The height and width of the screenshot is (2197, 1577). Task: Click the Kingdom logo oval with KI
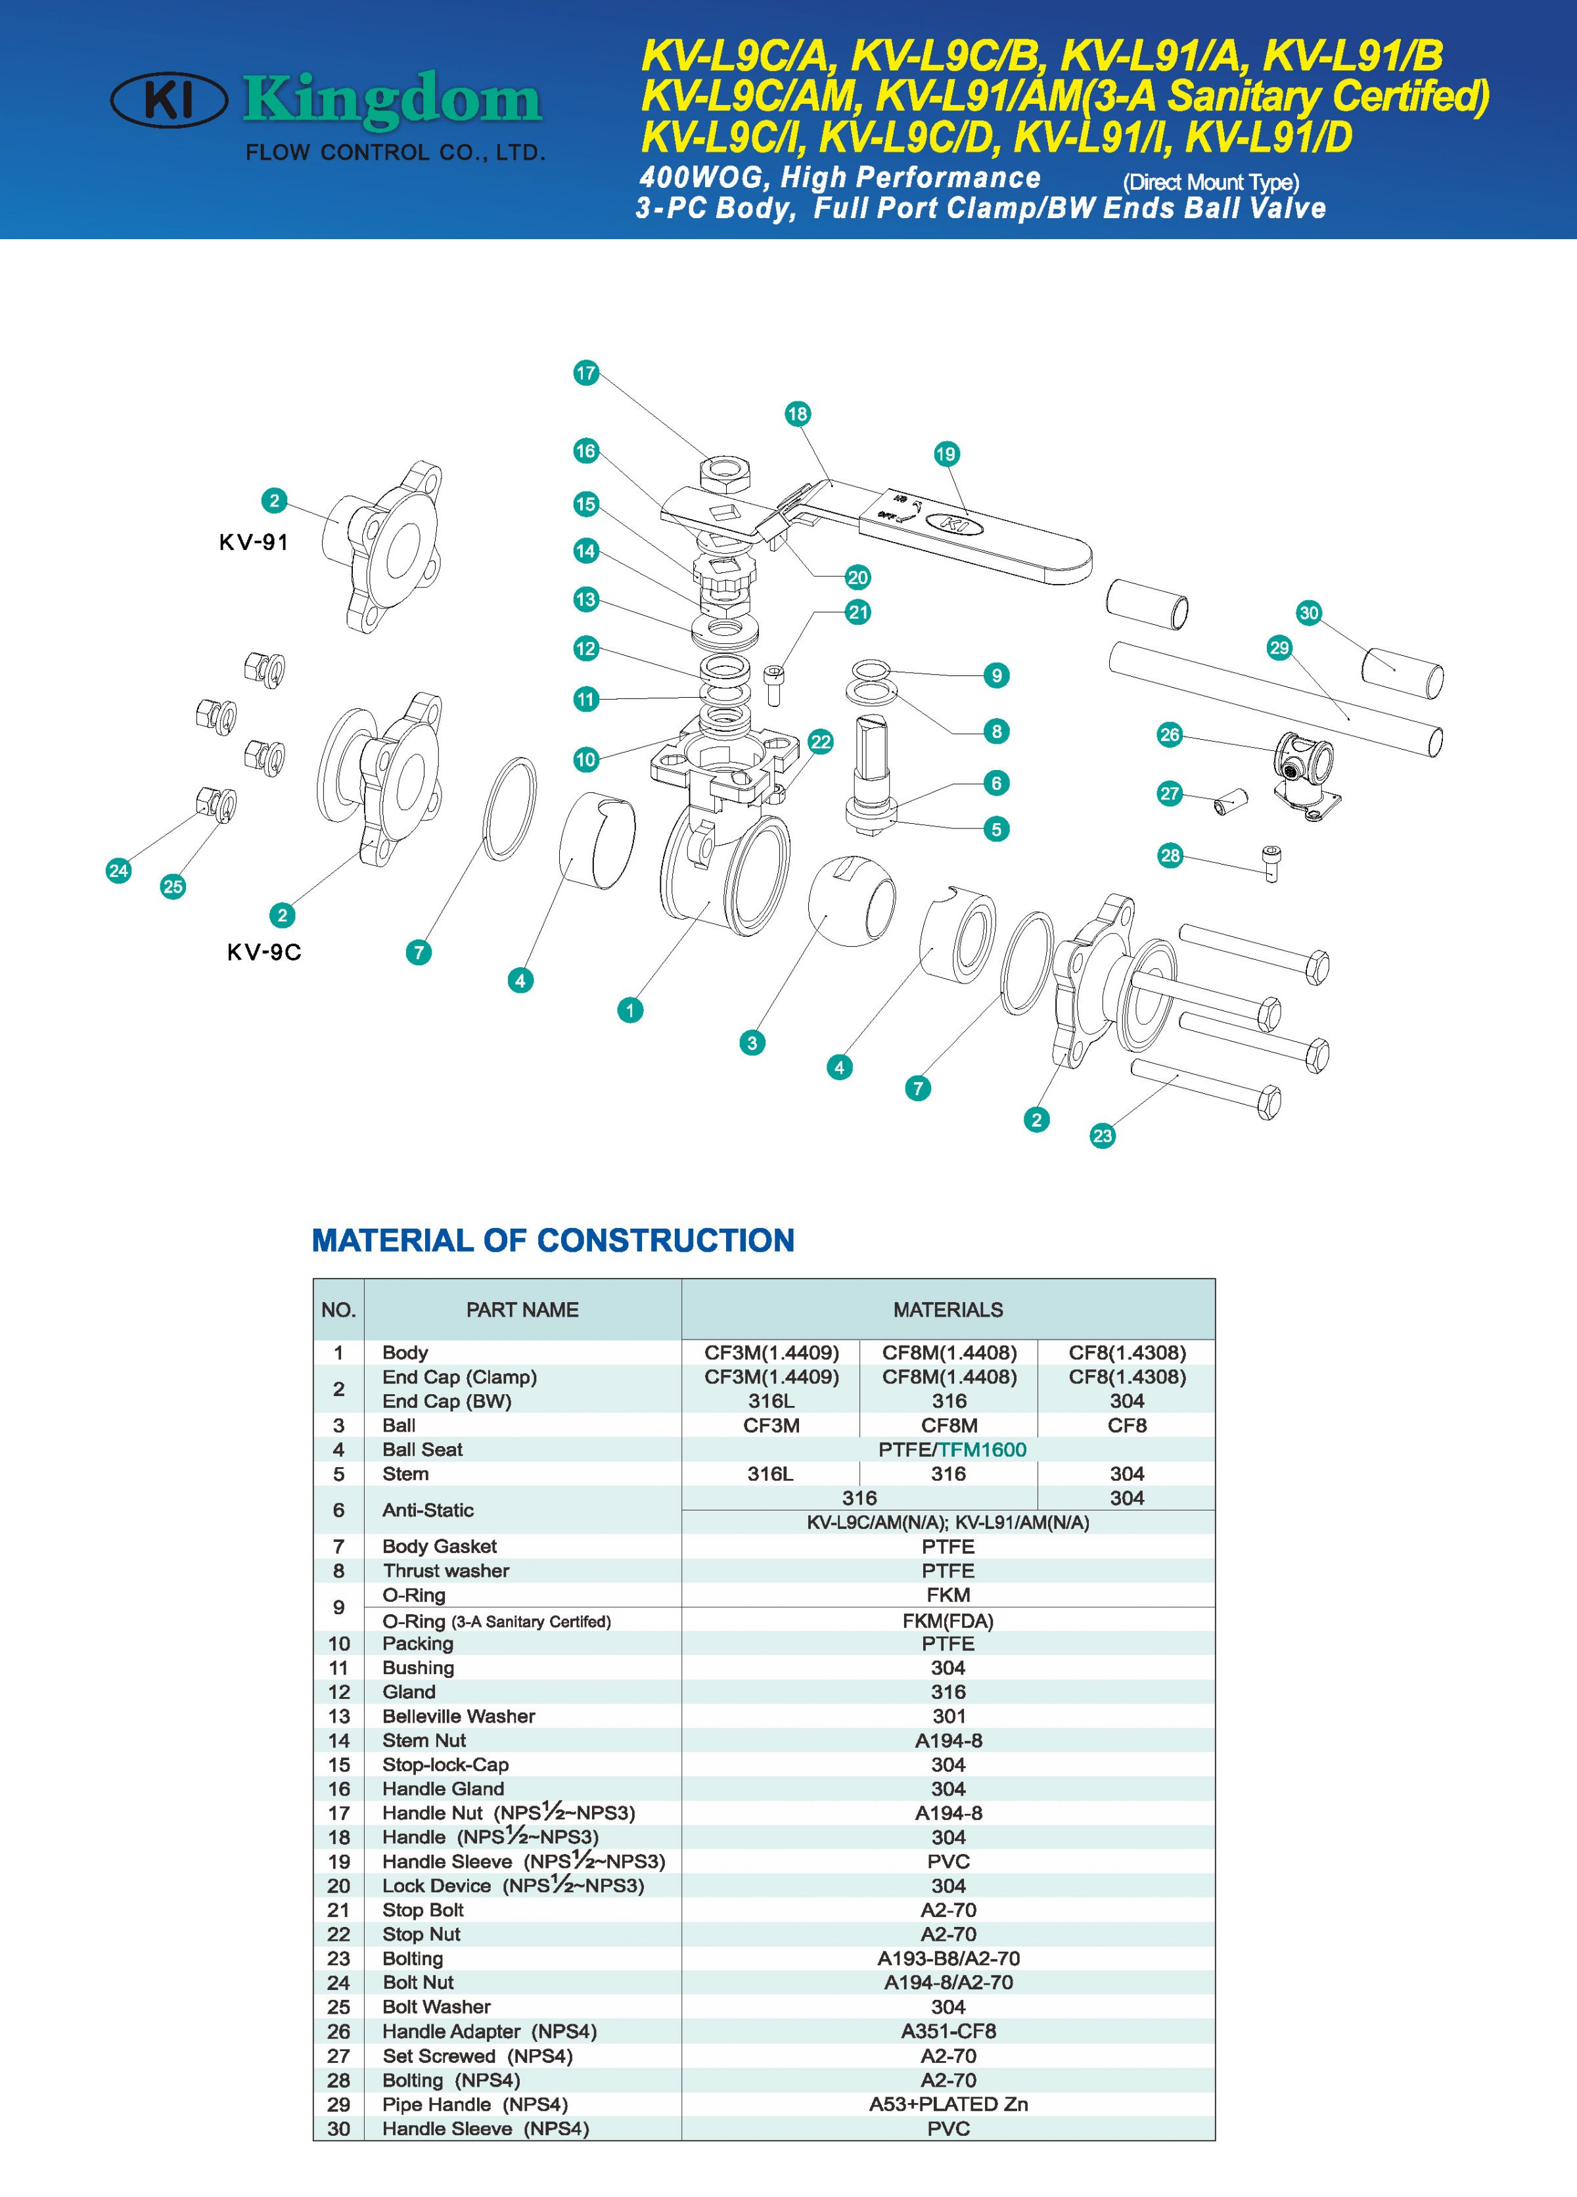170,100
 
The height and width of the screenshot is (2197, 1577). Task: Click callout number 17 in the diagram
586,373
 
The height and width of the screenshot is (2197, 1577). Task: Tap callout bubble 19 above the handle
946,455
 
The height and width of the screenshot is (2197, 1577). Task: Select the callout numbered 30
1309,612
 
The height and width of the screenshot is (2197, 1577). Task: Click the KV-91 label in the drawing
254,543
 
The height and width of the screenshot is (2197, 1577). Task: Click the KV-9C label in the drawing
263,952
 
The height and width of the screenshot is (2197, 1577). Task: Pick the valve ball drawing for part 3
852,898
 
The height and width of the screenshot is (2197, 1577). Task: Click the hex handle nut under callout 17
727,474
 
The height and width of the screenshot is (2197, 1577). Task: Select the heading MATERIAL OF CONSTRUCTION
553,1241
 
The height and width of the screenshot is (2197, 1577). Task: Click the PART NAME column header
522,1309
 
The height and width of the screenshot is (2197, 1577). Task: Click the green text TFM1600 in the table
982,1449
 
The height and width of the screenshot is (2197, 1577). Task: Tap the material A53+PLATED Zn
948,2104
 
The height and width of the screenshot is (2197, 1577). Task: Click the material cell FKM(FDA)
948,1621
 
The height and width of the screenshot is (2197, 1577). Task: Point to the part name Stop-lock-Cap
445,1764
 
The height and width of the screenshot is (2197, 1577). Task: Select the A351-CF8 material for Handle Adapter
948,2031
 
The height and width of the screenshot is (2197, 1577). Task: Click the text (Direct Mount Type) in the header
1211,182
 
